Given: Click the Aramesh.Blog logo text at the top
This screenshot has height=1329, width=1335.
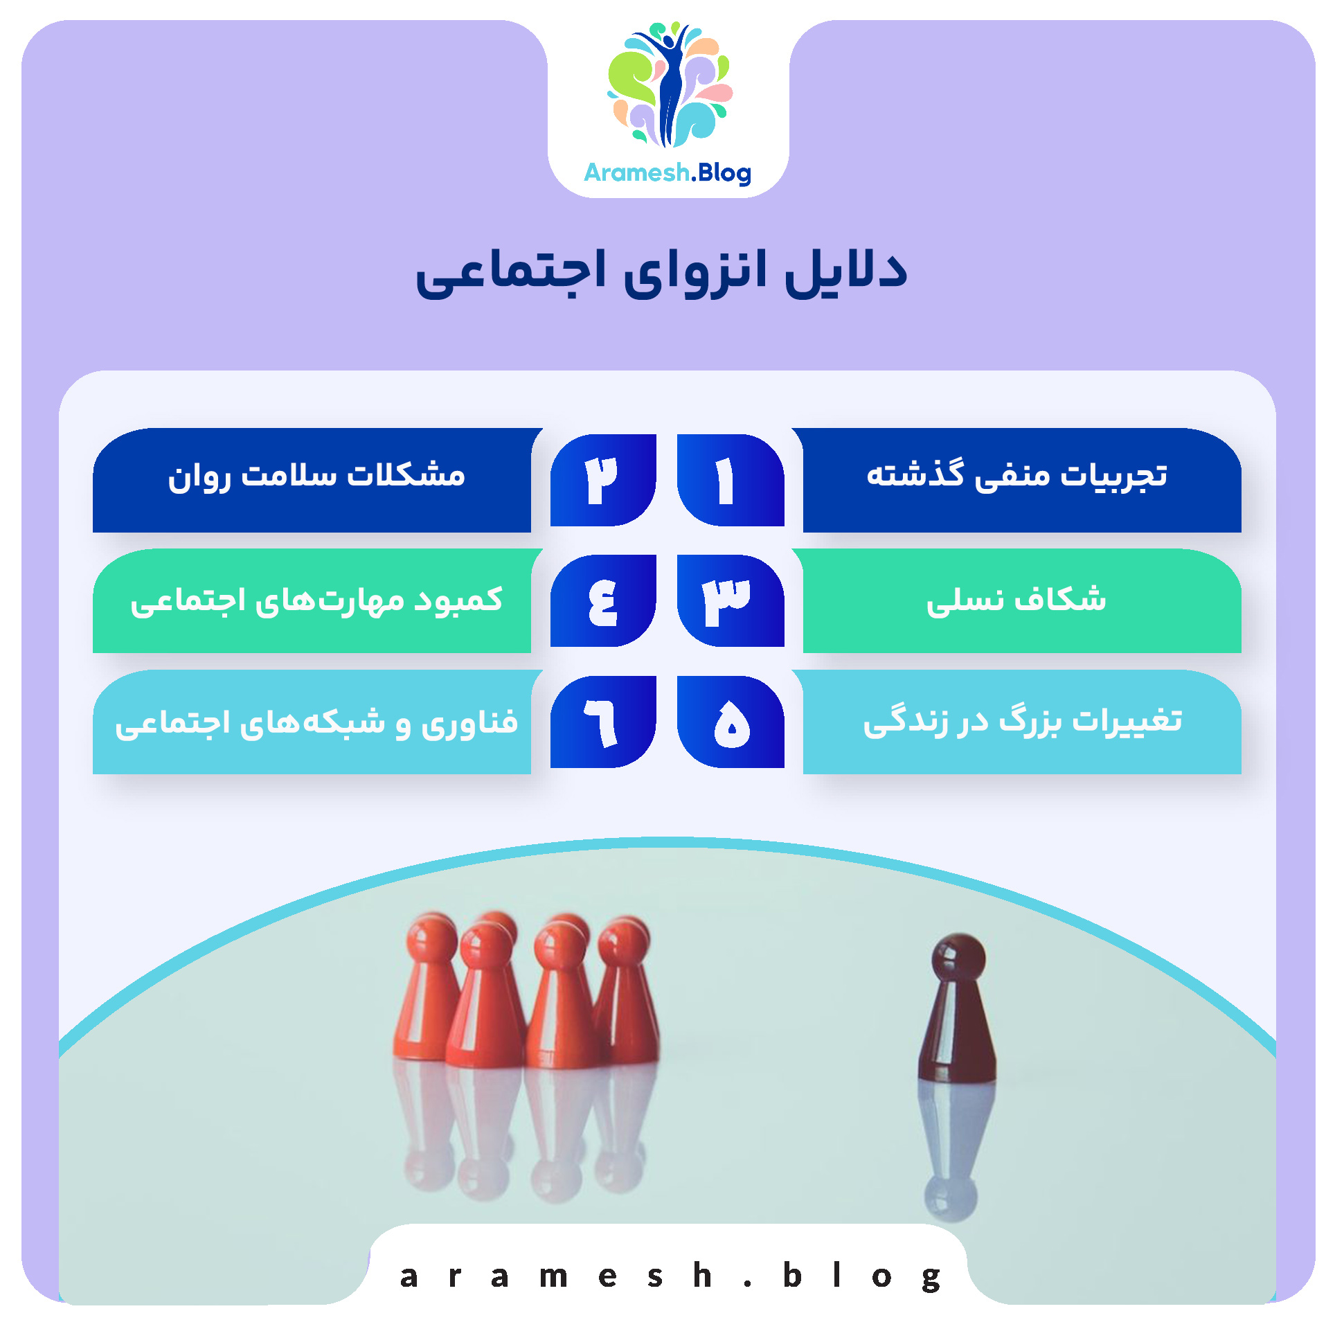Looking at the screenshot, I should coord(667,172).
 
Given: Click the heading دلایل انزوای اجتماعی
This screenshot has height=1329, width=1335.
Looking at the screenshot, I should coord(661,271).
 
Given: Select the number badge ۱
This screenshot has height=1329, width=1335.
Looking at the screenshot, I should coord(730,480).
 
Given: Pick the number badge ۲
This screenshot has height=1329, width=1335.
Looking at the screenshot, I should coord(603,480).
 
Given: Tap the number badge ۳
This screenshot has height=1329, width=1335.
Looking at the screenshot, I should coord(730,600).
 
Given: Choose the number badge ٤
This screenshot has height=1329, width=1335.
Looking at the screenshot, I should coord(603,600).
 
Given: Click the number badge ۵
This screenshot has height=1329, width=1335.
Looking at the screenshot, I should coord(730,722).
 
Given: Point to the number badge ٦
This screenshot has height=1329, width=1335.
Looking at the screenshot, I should coord(603,722).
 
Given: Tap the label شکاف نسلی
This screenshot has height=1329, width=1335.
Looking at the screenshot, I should coord(1016,599).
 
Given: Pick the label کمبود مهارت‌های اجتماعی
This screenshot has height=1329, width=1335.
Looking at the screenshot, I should coord(316,599).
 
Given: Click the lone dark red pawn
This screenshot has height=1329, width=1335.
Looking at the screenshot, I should coord(958,1018).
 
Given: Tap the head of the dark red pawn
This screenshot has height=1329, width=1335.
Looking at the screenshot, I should coord(958,957).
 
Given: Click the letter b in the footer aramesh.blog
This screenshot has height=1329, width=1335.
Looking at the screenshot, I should coord(791,1275).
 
